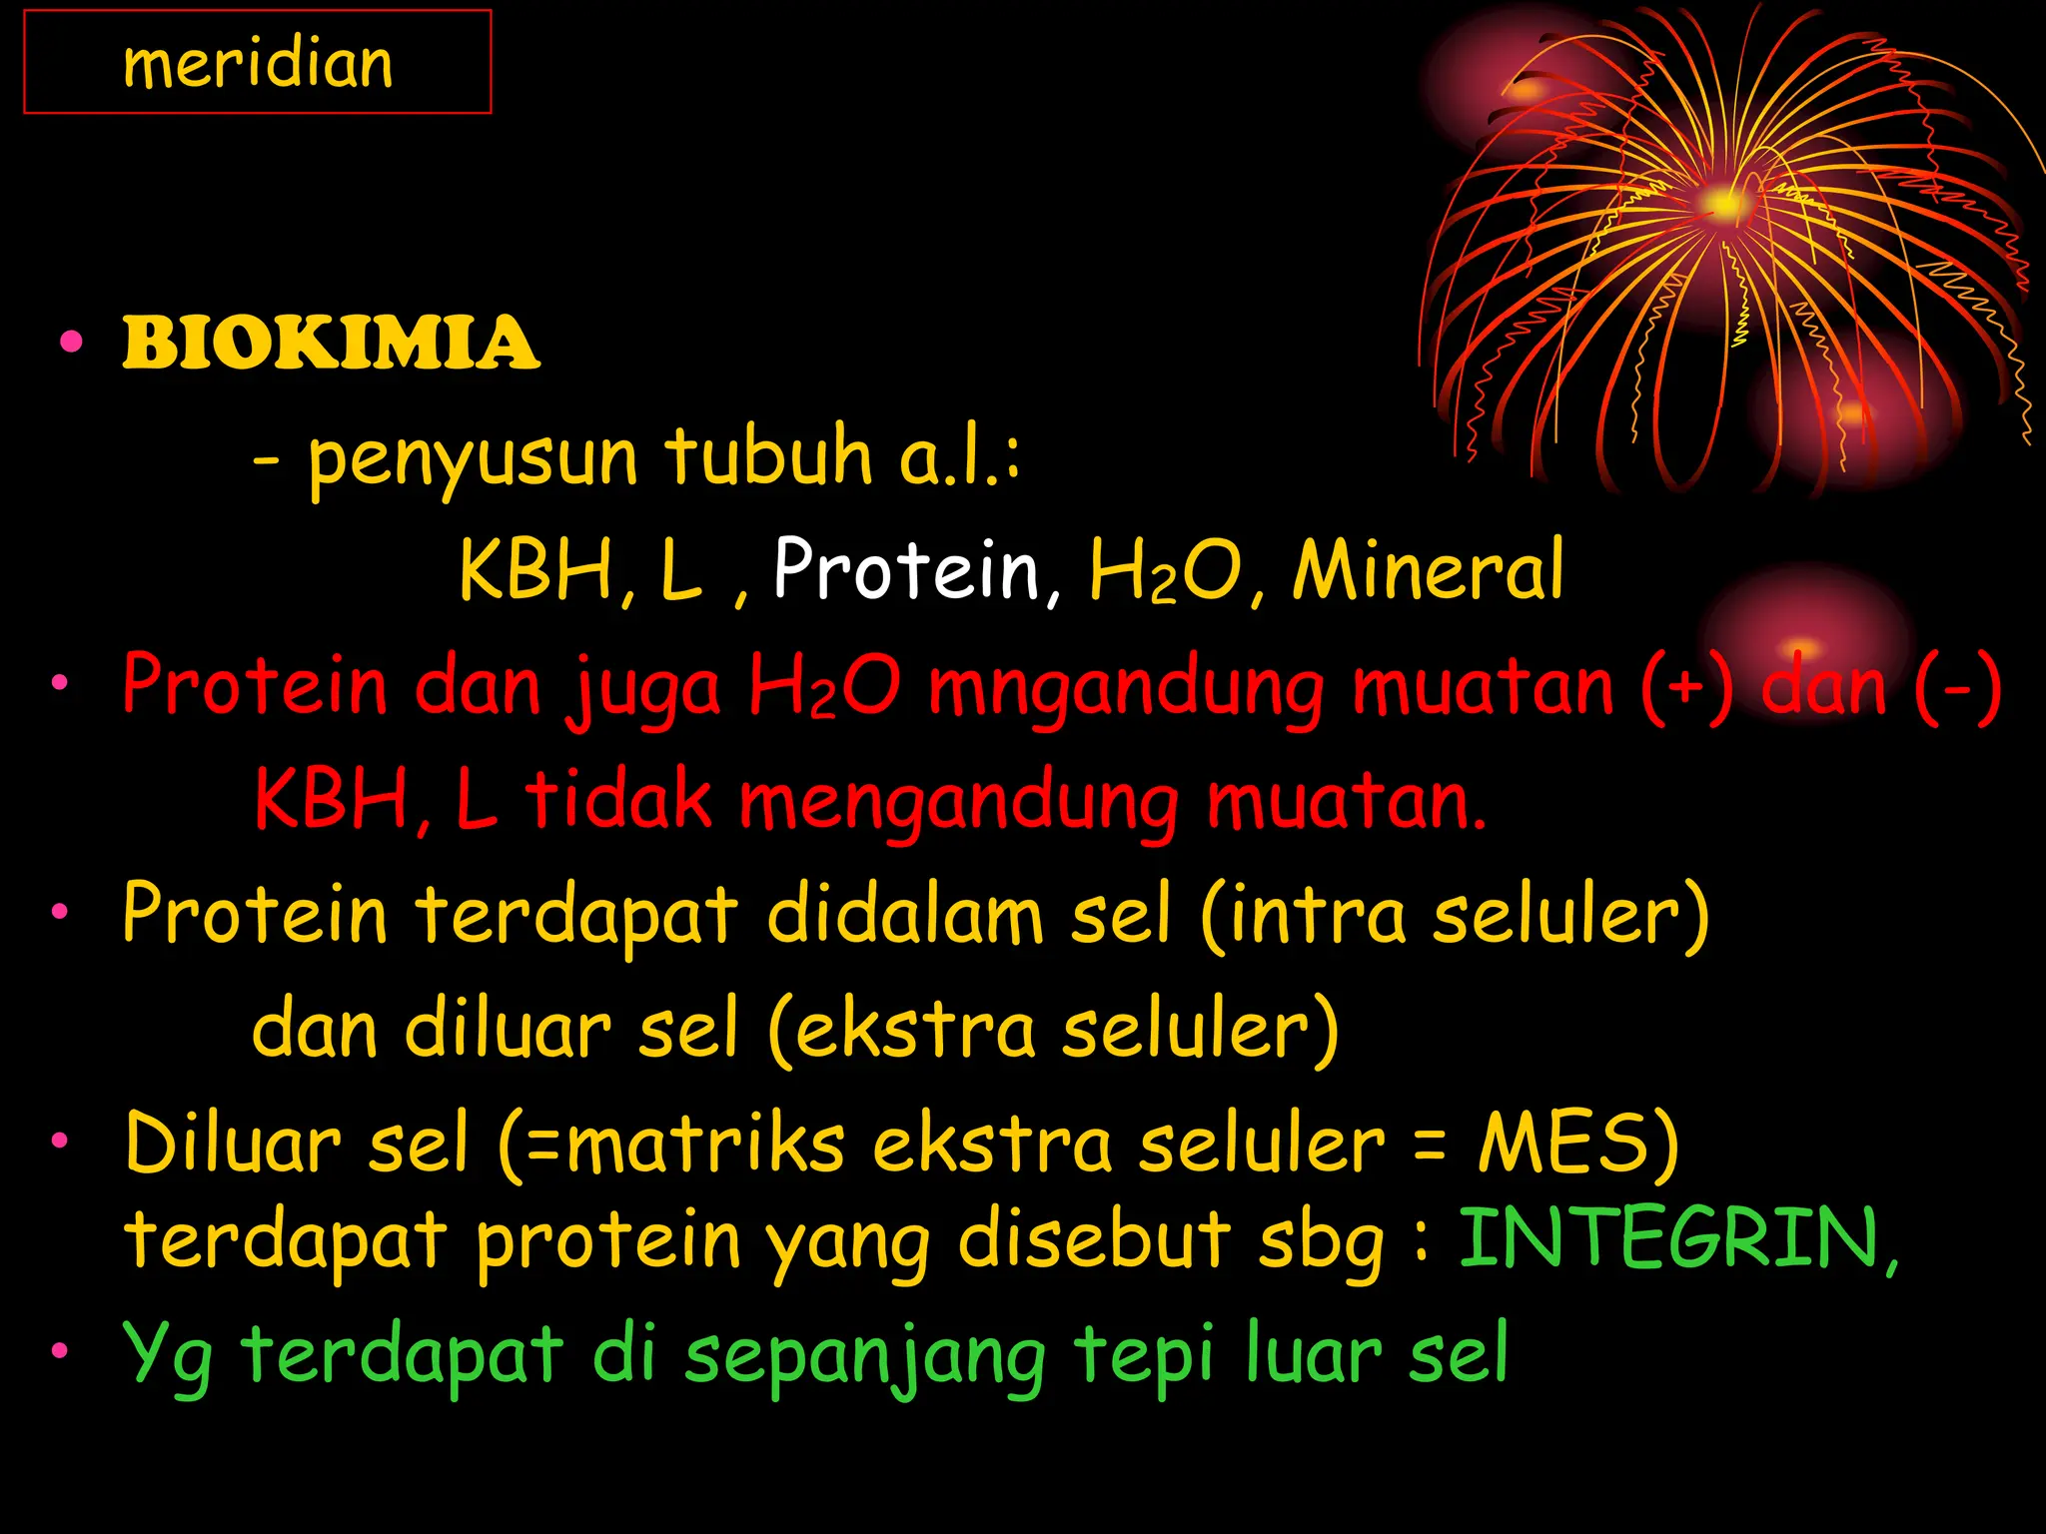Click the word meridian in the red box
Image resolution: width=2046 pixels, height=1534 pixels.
click(258, 64)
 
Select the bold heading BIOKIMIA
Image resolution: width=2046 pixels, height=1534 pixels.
click(331, 343)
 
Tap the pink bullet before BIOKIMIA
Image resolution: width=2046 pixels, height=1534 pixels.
click(71, 343)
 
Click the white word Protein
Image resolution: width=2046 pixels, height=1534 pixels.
click(907, 569)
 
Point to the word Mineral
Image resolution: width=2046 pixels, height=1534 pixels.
click(1428, 569)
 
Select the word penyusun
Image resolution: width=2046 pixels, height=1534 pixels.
click(473, 457)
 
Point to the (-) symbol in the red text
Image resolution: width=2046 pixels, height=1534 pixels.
click(1958, 687)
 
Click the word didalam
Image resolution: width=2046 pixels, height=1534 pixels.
click(905, 914)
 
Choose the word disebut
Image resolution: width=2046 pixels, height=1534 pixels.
click(1094, 1239)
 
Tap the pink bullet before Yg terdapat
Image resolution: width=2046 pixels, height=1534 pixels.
click(61, 1351)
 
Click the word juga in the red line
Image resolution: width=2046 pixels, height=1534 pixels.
click(643, 688)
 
